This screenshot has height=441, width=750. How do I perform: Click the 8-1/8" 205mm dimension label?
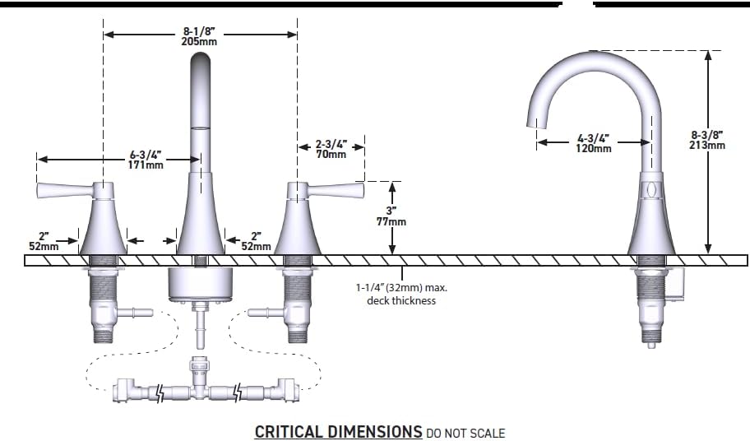click(x=199, y=36)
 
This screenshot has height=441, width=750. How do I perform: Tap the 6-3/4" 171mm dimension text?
click(x=146, y=160)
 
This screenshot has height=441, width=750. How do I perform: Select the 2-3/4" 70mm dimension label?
click(x=331, y=149)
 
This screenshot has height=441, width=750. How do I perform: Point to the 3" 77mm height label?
click(x=391, y=216)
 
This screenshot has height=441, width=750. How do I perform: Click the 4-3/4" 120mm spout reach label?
click(x=593, y=143)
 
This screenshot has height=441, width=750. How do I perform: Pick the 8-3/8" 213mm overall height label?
click(x=707, y=140)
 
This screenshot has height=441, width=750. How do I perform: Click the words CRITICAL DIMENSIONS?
click(x=338, y=431)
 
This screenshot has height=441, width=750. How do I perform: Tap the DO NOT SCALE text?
click(x=465, y=434)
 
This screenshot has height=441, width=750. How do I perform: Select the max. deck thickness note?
click(x=401, y=295)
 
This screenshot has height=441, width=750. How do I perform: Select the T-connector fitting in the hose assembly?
click(x=198, y=378)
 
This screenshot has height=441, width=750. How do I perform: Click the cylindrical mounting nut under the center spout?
click(x=201, y=285)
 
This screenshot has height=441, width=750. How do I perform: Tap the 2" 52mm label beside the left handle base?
click(x=44, y=242)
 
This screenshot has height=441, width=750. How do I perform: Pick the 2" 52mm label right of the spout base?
click(x=256, y=242)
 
